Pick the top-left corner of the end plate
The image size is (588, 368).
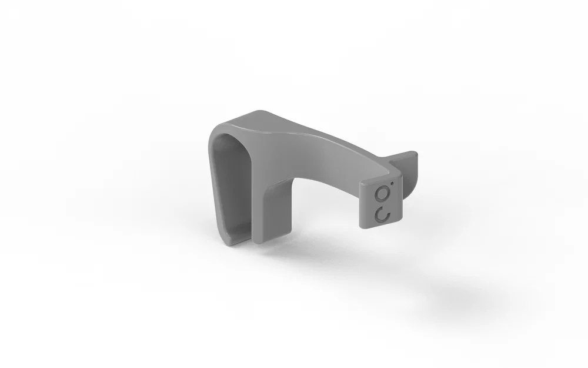point(361,183)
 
